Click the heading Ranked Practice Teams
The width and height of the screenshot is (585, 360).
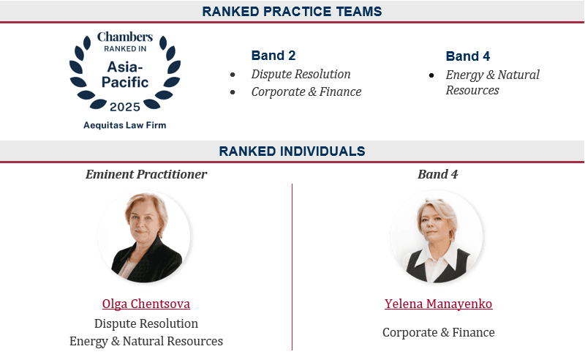pyautogui.click(x=292, y=11)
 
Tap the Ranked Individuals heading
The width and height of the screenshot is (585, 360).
pyautogui.click(x=292, y=151)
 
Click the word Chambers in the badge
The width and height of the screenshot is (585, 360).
pyautogui.click(x=125, y=37)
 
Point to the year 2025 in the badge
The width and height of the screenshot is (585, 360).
pyautogui.click(x=125, y=107)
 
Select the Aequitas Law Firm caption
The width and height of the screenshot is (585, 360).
pyautogui.click(x=124, y=125)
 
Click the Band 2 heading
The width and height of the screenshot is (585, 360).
pyautogui.click(x=273, y=56)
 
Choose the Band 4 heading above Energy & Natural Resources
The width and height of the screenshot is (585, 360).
pyautogui.click(x=468, y=56)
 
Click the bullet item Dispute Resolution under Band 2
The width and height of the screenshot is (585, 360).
pyautogui.click(x=301, y=74)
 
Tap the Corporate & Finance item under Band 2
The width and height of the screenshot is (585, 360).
pyautogui.click(x=306, y=91)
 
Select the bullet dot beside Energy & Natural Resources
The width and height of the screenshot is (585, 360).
pyautogui.click(x=431, y=75)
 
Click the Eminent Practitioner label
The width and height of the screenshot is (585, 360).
pyautogui.click(x=146, y=174)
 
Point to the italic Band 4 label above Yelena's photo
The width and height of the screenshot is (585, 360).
pyautogui.click(x=437, y=174)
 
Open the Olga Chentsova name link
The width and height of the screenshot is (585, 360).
pyautogui.click(x=146, y=304)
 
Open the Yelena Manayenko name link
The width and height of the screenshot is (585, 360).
pyautogui.click(x=438, y=304)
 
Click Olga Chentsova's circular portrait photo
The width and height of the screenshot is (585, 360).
pyautogui.click(x=144, y=236)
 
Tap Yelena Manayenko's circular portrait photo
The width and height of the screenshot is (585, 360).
pyautogui.click(x=437, y=236)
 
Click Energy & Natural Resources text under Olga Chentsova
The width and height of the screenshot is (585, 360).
pyautogui.click(x=146, y=341)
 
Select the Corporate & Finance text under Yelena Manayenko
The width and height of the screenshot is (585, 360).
pyautogui.click(x=438, y=332)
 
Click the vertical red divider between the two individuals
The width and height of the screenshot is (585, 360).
pyautogui.click(x=292, y=267)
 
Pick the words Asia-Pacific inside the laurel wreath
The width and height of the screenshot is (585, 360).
pyautogui.click(x=125, y=75)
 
